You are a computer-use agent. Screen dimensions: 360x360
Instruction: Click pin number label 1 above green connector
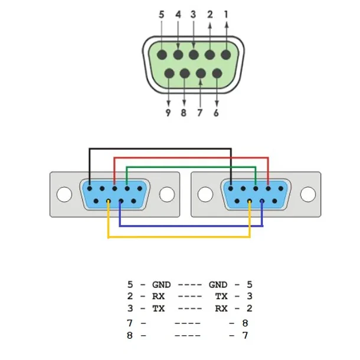pos(226,15)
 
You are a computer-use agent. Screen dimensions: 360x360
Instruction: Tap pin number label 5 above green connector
pos(162,15)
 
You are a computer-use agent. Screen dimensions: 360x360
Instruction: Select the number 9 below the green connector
pos(168,113)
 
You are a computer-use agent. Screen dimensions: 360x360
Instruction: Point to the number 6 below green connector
pos(216,113)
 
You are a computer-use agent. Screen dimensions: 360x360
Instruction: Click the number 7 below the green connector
pos(199,113)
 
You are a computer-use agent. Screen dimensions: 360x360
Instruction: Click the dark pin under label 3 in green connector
pos(194,55)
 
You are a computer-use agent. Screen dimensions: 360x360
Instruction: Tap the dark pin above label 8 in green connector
pos(185,74)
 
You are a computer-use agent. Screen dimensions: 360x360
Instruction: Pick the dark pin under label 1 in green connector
pos(226,55)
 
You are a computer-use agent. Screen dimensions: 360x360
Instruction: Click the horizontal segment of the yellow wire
pos(179,237)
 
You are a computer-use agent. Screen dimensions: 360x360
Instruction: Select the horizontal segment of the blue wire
pos(191,226)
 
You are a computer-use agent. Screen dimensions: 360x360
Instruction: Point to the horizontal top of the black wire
pos(161,149)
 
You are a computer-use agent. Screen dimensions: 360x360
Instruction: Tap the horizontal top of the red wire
pos(191,158)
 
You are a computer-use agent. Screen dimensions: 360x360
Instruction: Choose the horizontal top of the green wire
pos(191,167)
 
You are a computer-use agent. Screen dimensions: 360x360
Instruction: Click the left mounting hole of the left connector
pos(64,194)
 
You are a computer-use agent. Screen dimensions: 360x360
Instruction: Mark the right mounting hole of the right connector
pos(308,194)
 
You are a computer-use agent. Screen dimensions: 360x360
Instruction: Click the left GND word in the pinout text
pos(161,284)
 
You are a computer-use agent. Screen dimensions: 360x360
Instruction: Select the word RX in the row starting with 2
pos(158,296)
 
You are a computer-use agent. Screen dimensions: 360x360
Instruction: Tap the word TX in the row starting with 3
pos(158,308)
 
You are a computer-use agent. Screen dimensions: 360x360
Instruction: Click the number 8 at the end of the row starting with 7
pos(245,323)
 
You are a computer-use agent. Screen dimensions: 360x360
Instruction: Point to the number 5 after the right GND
pos(250,284)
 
